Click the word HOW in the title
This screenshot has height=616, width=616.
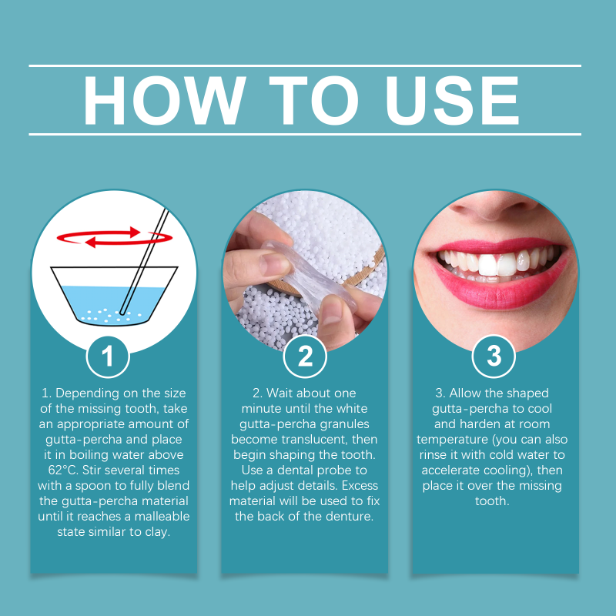164,100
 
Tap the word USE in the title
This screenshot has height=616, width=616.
453,100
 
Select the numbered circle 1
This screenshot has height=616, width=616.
108,357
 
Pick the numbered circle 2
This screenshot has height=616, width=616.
305,357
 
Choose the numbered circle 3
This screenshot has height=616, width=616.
494,357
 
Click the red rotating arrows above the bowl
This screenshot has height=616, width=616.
115,237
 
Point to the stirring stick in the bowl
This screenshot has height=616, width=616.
144,261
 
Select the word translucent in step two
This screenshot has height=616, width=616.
318,439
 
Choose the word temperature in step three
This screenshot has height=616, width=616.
452,440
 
